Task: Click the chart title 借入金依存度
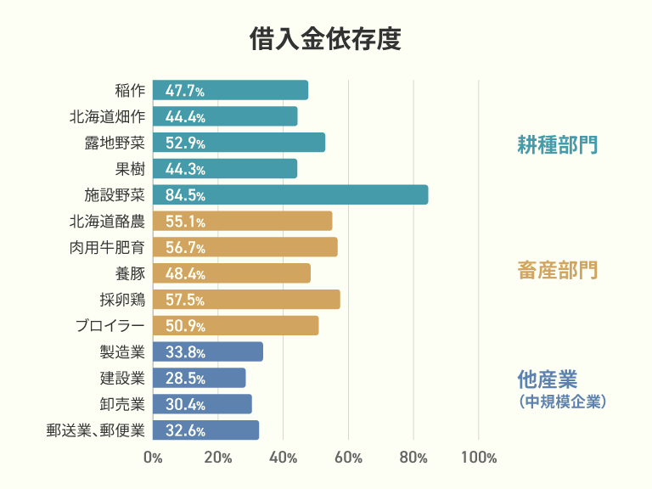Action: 325,40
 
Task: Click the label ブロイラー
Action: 110,326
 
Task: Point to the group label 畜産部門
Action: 557,271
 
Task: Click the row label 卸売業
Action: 122,404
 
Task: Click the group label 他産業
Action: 540,379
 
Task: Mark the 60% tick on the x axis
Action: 349,458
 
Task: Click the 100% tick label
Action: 479,458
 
